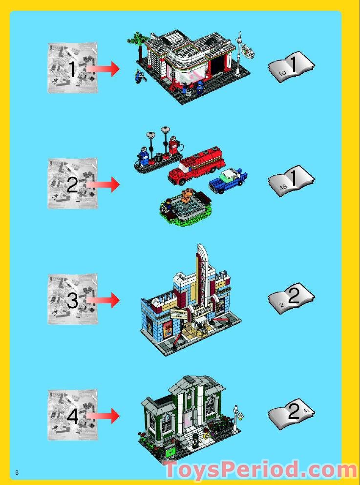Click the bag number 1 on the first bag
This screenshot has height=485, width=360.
click(72, 69)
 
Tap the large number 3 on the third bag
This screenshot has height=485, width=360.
click(72, 300)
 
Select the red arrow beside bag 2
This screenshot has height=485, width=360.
click(104, 185)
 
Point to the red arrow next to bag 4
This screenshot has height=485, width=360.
click(104, 416)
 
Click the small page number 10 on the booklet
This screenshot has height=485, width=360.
click(282, 73)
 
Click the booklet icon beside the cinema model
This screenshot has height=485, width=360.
click(292, 297)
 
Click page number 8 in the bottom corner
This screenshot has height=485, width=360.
click(17, 472)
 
